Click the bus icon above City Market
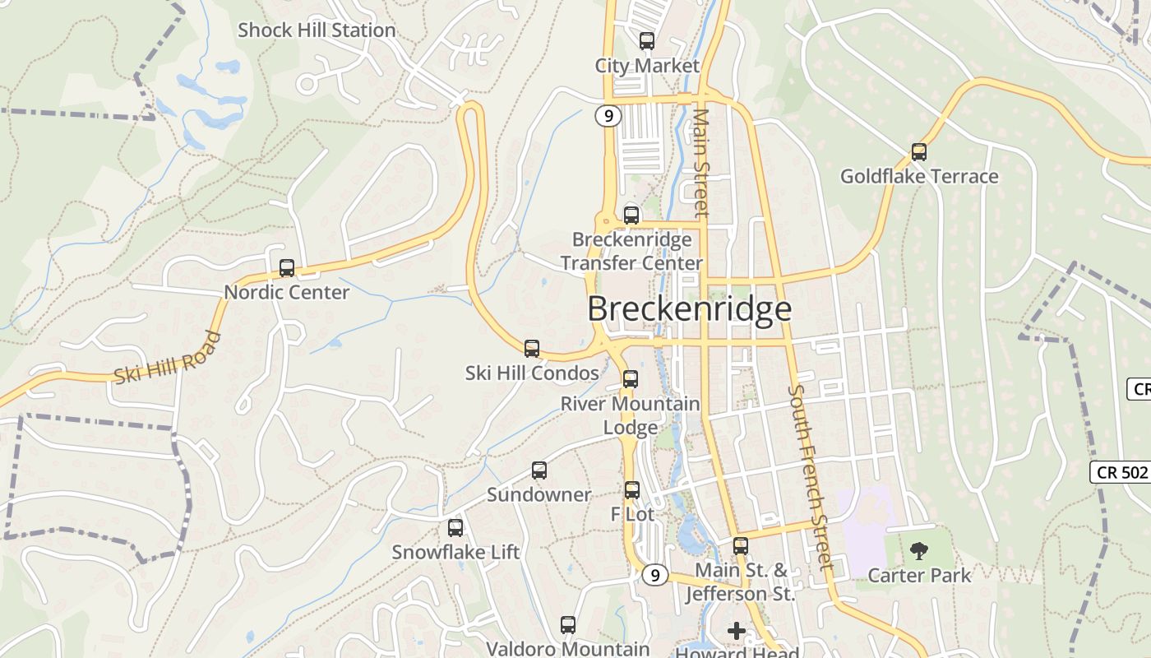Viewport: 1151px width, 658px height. coord(647,41)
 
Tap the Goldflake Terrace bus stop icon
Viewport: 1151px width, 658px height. coord(919,152)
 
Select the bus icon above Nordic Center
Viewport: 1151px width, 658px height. coord(287,268)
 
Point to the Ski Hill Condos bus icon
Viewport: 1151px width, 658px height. coord(532,349)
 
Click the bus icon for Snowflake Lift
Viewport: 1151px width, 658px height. coord(455,528)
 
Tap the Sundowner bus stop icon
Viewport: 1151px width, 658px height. coord(539,470)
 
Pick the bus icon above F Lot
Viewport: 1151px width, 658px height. coord(631,490)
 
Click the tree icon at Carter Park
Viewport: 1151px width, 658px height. coord(919,550)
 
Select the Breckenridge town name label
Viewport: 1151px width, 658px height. coord(689,309)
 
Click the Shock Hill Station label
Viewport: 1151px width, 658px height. coord(317,30)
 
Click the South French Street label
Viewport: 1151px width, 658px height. coord(811,477)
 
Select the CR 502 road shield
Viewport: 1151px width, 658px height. coord(1120,472)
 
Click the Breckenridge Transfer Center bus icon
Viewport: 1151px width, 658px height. coord(631,215)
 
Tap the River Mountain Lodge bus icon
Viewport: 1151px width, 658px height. coord(631,379)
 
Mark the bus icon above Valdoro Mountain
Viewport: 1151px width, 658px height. coord(568,625)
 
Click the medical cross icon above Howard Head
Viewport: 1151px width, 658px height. coord(737,631)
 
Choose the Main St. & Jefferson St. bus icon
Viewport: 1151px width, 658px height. coord(741,546)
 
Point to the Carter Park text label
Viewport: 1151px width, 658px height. coord(919,575)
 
